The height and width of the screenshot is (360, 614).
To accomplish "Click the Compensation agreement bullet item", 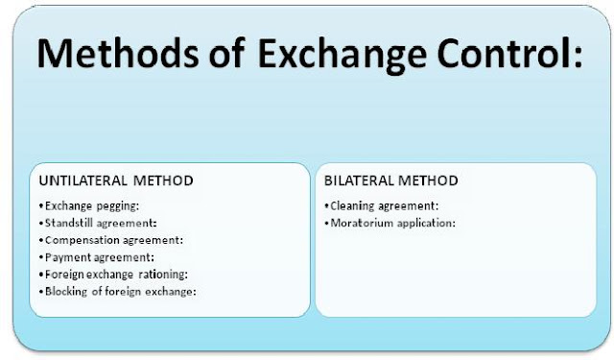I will [113, 240].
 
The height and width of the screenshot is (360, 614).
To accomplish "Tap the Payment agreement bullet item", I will [97, 257].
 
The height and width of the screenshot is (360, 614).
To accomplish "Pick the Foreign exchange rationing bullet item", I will [117, 275].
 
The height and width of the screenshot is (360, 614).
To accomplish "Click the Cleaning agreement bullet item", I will [381, 205].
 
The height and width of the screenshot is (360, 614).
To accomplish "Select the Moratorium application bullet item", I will [390, 223].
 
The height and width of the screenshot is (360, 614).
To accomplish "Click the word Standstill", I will [72, 223].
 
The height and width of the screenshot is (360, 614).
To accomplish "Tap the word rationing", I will [169, 275].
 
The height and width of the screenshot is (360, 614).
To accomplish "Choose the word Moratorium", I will [361, 223].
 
